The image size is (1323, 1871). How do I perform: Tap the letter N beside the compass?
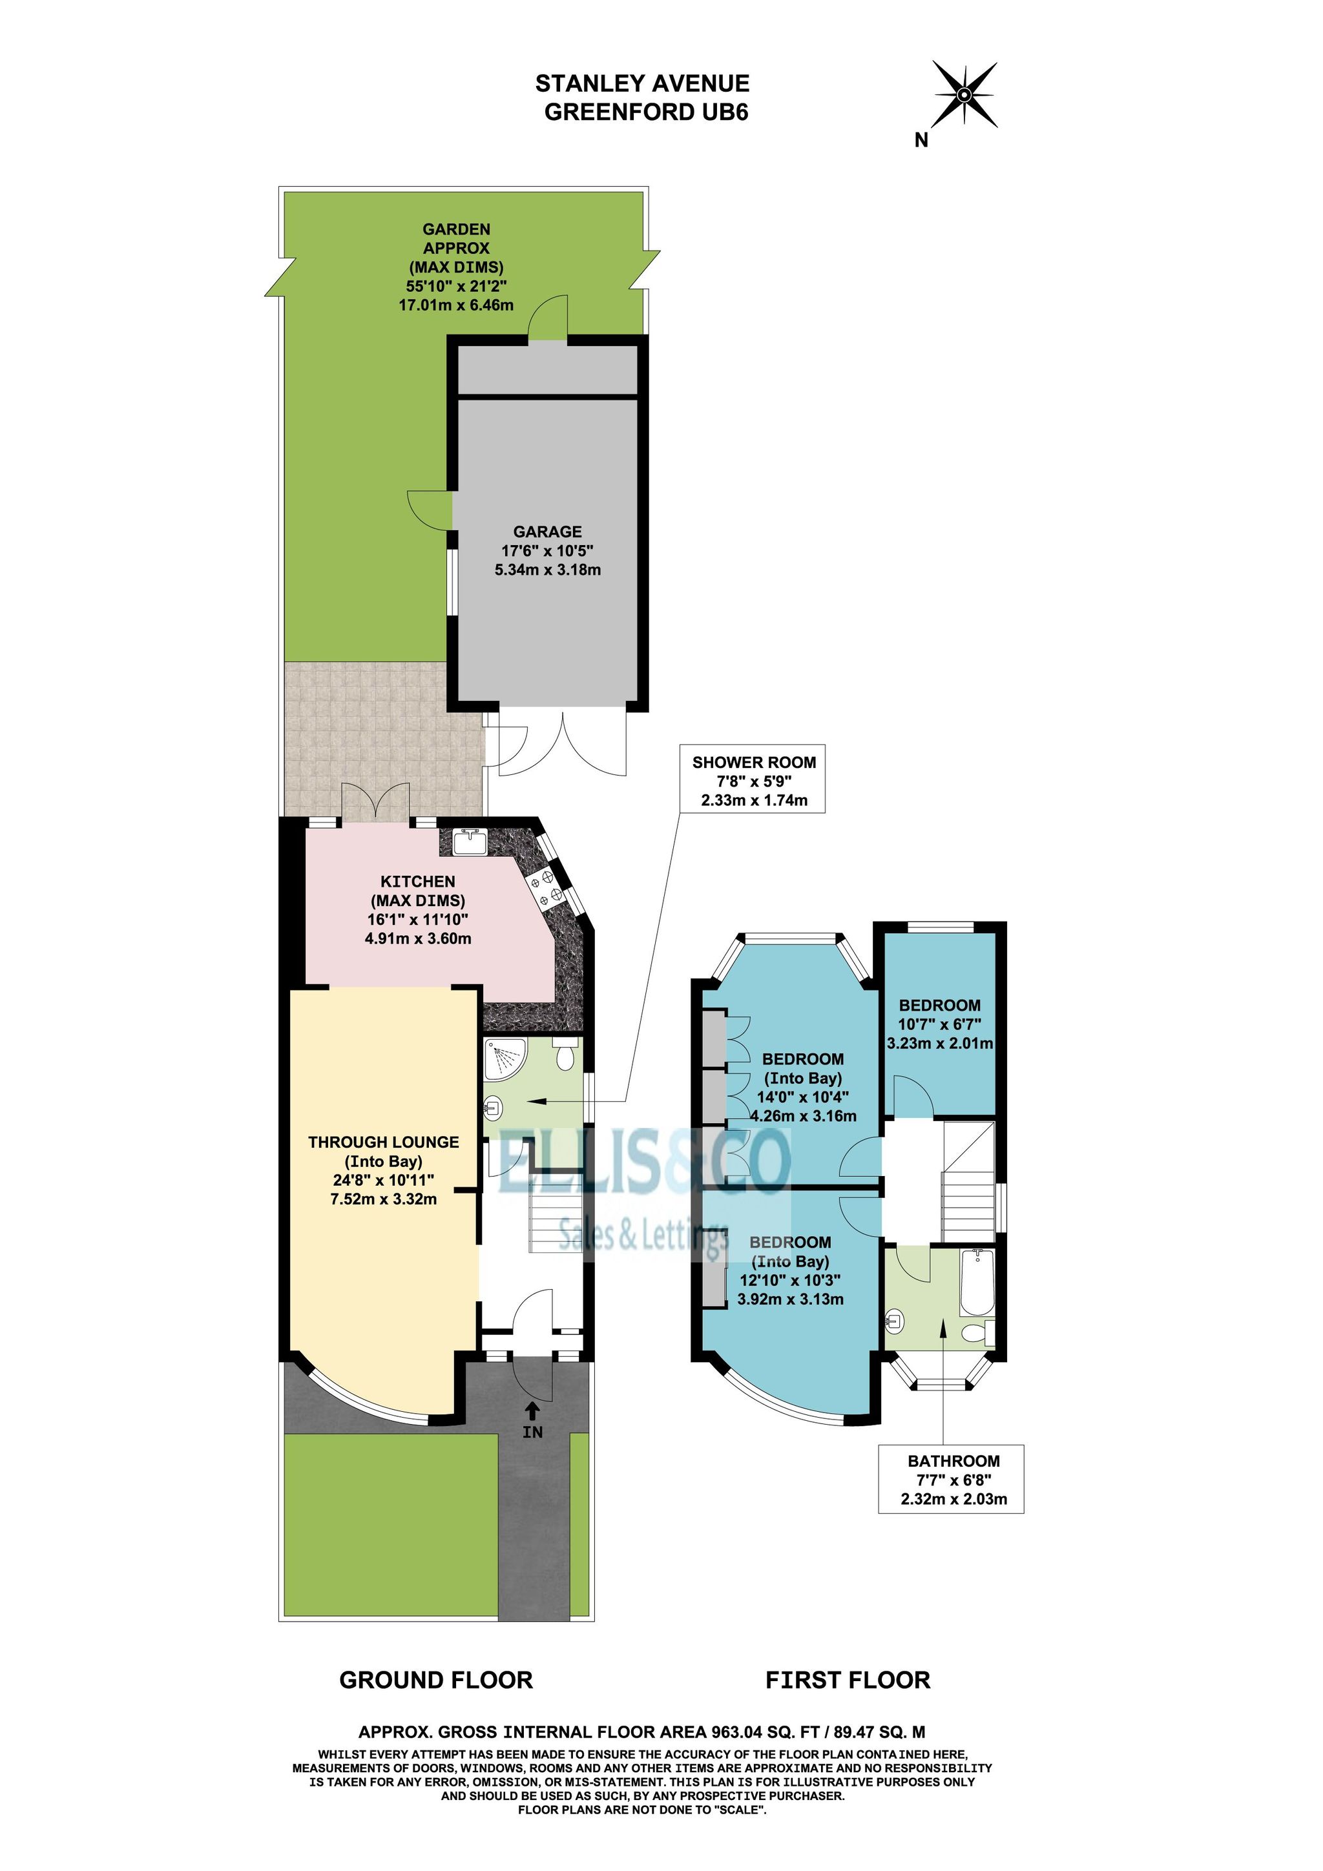(x=921, y=140)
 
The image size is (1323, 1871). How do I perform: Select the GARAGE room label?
(x=547, y=532)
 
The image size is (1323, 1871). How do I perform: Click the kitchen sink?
(x=470, y=841)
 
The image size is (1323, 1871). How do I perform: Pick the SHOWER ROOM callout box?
(x=754, y=780)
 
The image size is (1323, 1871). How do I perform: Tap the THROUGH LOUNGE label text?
(x=383, y=1142)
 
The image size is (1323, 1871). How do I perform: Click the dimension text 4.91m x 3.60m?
(x=417, y=938)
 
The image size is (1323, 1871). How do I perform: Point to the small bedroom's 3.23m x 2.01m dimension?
(x=940, y=1043)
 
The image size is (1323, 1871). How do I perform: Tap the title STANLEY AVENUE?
(x=642, y=83)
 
